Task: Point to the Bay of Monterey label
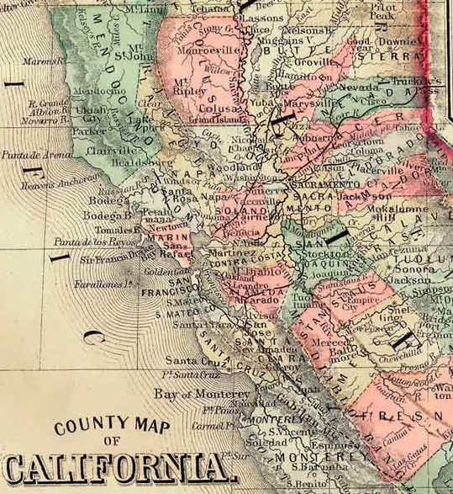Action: pyautogui.click(x=201, y=394)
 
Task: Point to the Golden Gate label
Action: pyautogui.click(x=160, y=271)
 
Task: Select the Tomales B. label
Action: pyautogui.click(x=118, y=229)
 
